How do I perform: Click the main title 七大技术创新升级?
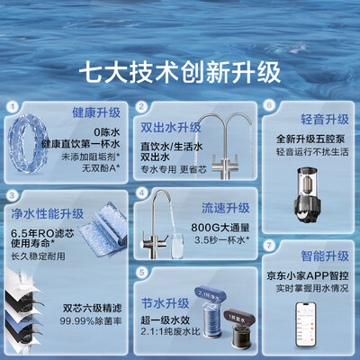179,68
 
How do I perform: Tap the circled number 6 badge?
268,105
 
